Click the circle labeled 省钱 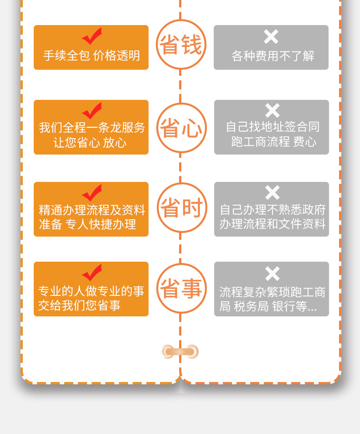tap(181, 45)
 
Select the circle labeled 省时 tap(181, 208)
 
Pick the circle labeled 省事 tap(181, 288)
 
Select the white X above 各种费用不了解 tap(271, 36)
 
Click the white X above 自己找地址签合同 tap(272, 110)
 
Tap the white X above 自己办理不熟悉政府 tap(272, 192)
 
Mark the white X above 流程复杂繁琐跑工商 tap(272, 274)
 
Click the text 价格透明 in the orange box tap(117, 56)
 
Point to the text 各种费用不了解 tap(273, 56)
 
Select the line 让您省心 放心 tap(90, 143)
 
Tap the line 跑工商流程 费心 tap(273, 142)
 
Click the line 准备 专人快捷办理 tap(87, 224)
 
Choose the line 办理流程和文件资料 tap(273, 224)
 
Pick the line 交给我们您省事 tap(79, 305)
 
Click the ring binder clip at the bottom tap(180, 351)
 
